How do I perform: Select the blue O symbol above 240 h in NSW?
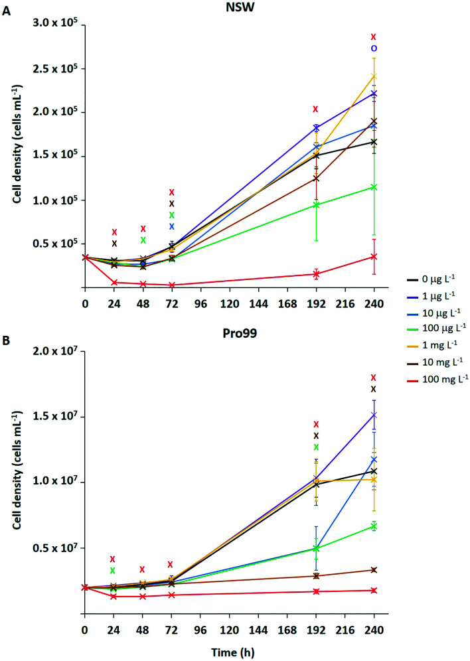coord(374,48)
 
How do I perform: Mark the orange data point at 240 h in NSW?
coord(374,76)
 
